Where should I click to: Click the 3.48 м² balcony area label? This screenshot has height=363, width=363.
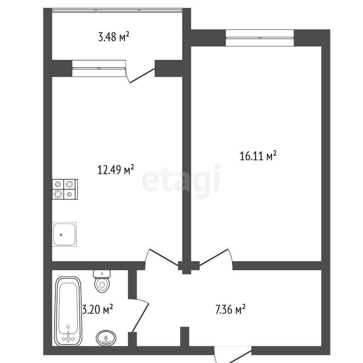click(113, 37)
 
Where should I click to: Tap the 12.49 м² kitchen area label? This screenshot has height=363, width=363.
click(116, 170)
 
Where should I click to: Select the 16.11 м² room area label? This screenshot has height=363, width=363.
click(258, 156)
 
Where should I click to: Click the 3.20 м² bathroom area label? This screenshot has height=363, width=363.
click(98, 309)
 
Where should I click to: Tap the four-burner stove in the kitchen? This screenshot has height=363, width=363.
click(65, 189)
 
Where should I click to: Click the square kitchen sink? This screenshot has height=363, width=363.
click(65, 234)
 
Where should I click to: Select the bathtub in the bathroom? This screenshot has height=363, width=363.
click(68, 311)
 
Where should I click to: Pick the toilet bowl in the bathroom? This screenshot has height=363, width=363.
click(102, 285)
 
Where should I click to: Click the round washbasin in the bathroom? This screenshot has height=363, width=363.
click(106, 338)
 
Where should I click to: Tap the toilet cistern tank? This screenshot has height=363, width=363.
click(102, 274)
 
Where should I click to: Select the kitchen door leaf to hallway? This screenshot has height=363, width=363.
click(164, 257)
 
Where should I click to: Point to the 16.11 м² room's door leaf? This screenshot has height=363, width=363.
click(214, 257)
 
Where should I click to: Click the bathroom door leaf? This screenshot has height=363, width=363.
click(140, 318)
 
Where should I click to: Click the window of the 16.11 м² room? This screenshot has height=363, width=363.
click(260, 38)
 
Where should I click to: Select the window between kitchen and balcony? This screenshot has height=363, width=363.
click(99, 68)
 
